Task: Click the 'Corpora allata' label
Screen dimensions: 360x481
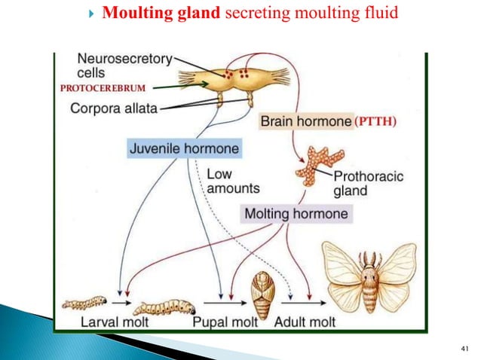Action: click(x=114, y=108)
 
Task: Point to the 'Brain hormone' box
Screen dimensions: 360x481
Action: click(x=305, y=121)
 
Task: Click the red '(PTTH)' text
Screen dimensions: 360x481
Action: click(x=375, y=121)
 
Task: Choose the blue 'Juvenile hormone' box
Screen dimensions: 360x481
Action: click(x=184, y=148)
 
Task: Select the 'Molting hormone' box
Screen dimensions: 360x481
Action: click(x=296, y=214)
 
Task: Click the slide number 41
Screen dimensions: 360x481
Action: click(x=464, y=347)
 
